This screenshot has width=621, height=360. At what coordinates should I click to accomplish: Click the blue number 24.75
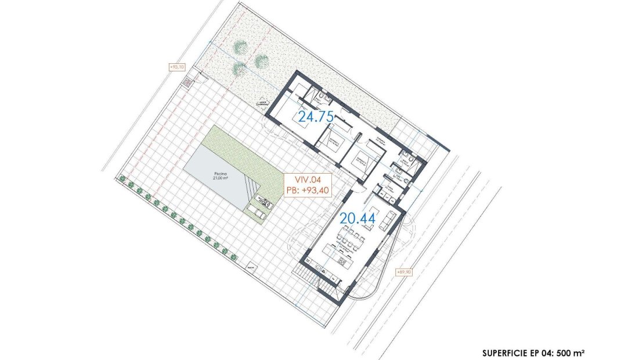(316, 116)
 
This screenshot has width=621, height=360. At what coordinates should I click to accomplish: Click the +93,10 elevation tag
(176, 67)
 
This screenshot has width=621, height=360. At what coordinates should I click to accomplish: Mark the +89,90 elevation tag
(404, 271)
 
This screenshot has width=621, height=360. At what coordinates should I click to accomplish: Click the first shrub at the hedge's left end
(122, 179)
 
